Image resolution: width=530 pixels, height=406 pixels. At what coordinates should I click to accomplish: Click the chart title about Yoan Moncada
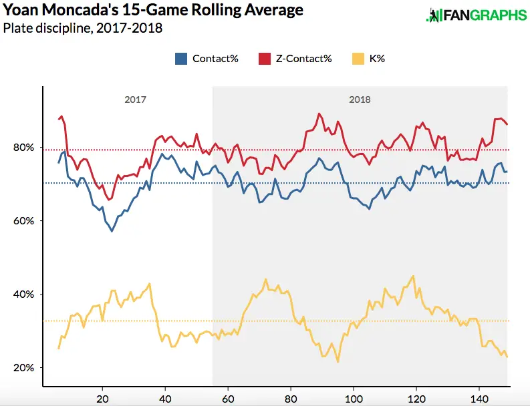coord(153,11)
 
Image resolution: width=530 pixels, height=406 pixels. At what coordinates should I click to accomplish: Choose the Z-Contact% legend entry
coord(295,58)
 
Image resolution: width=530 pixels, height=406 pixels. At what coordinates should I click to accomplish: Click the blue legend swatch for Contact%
coord(180,58)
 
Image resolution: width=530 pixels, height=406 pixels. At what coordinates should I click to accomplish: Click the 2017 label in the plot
coord(135,99)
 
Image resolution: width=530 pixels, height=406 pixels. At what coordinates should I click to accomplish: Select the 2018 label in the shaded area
coord(360,99)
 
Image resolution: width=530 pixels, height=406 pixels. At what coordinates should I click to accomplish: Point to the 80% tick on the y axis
coord(22,148)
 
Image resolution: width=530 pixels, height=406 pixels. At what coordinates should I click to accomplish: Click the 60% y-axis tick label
coord(22,221)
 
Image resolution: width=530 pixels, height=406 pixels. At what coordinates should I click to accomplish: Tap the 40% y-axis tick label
coord(22,294)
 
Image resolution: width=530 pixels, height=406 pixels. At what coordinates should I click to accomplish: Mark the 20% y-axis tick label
coord(22,368)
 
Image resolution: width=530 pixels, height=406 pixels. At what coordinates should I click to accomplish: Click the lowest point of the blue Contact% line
coord(112,231)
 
